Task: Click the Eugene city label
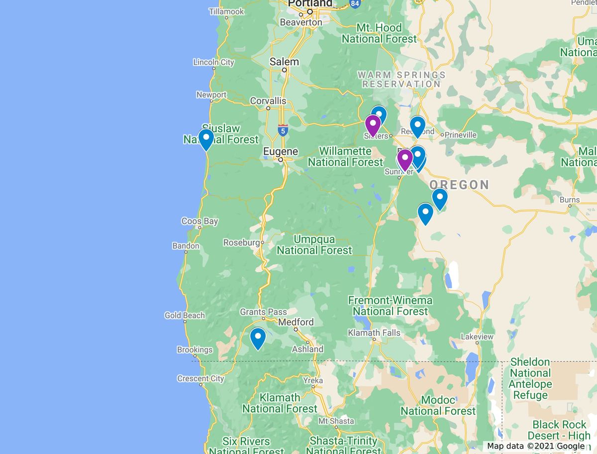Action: pos(281,151)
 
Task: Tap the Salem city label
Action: pos(284,62)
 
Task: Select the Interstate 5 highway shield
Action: pos(283,130)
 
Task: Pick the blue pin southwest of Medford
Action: pos(258,339)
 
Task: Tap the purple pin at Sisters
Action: pos(373,125)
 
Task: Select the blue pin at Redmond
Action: pos(417,126)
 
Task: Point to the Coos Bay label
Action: pos(199,222)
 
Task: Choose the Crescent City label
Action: pos(200,378)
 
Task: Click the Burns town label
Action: pos(570,200)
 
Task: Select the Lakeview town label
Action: pos(477,337)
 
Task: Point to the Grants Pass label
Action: pos(263,312)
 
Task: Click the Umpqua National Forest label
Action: pos(314,245)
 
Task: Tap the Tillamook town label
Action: pos(226,11)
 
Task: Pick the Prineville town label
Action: pos(460,134)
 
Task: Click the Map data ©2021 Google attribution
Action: pos(536,446)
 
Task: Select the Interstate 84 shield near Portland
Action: pos(354,3)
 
